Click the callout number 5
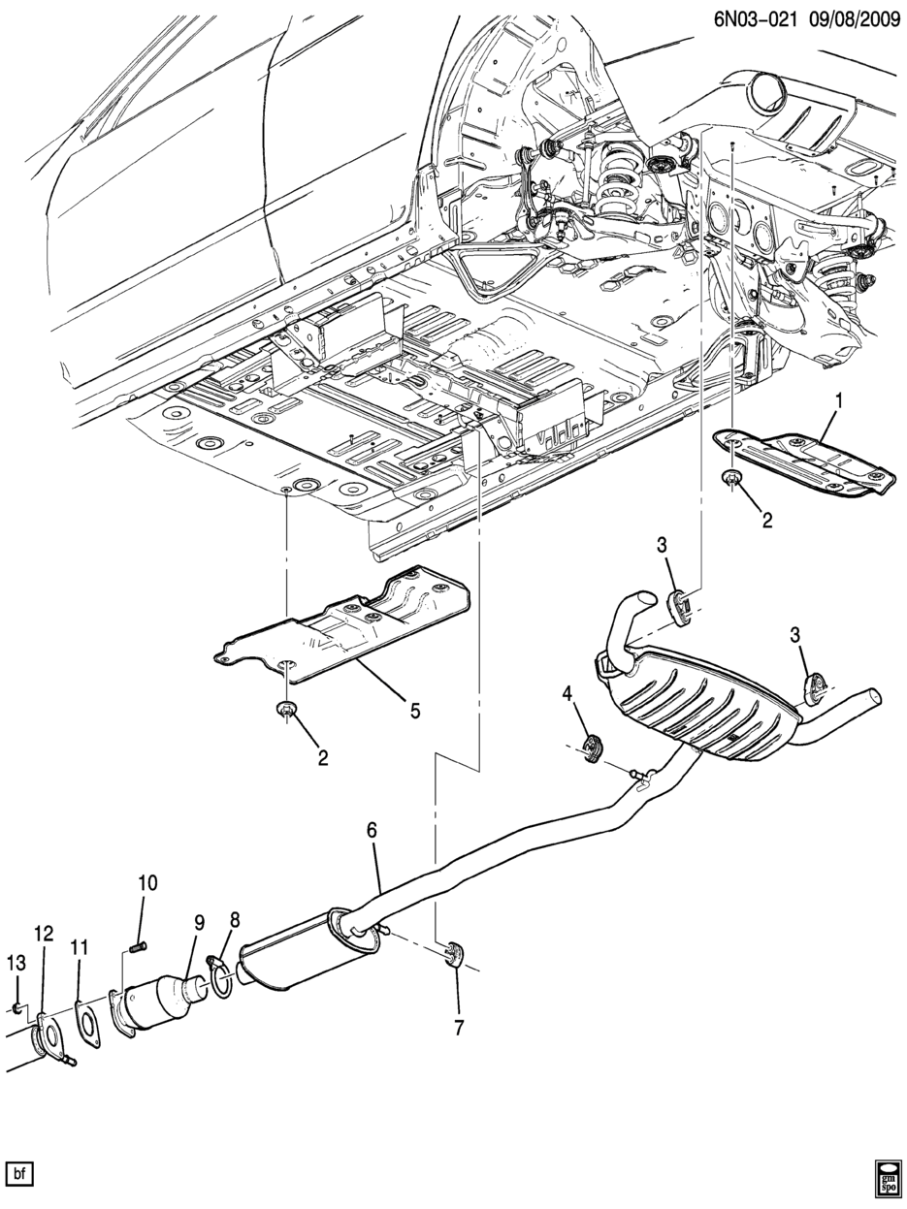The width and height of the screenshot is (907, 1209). tap(415, 711)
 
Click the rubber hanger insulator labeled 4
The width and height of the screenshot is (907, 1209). tap(593, 749)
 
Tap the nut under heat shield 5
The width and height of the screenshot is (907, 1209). tap(286, 711)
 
